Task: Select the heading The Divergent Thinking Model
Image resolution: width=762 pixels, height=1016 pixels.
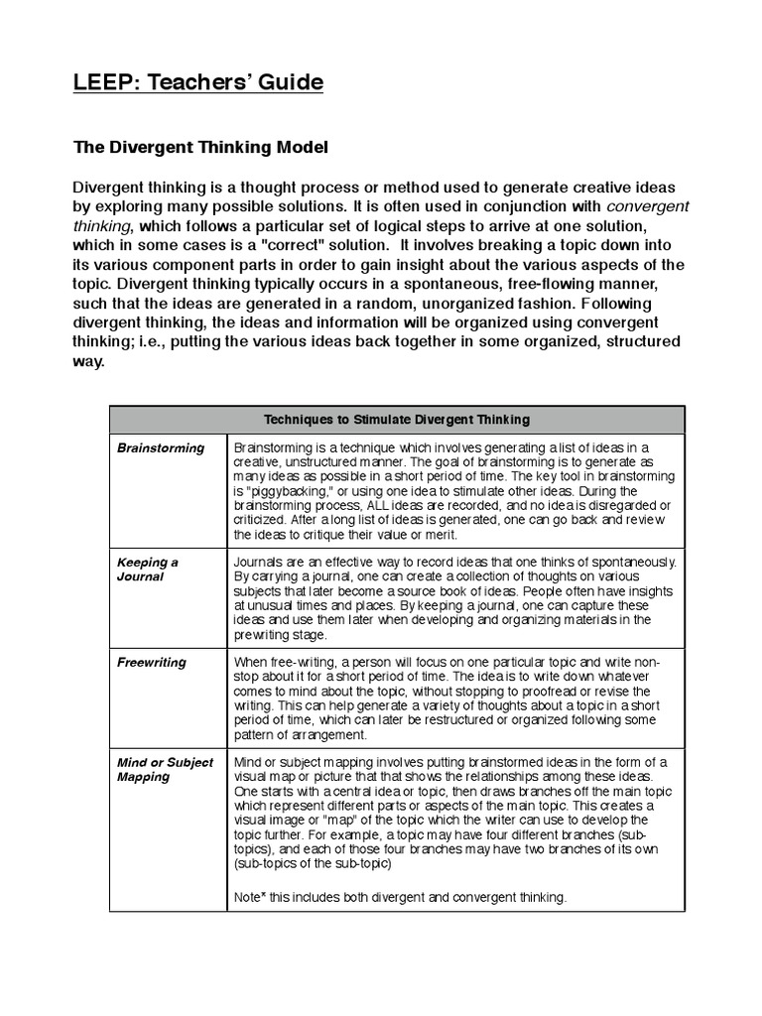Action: [200, 147]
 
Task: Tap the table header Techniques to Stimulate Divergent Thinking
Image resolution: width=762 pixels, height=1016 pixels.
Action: [396, 419]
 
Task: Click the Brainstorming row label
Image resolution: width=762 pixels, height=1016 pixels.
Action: [161, 447]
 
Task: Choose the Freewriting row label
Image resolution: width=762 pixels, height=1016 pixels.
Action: [152, 662]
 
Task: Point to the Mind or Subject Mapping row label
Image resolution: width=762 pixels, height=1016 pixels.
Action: [165, 769]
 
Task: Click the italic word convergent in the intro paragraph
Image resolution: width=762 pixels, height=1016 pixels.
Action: [647, 206]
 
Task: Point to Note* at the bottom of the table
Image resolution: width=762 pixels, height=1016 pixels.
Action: [251, 897]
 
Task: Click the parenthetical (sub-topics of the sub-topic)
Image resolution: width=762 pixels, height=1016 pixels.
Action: [313, 863]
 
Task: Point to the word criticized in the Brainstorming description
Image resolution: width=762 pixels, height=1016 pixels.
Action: [262, 519]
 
